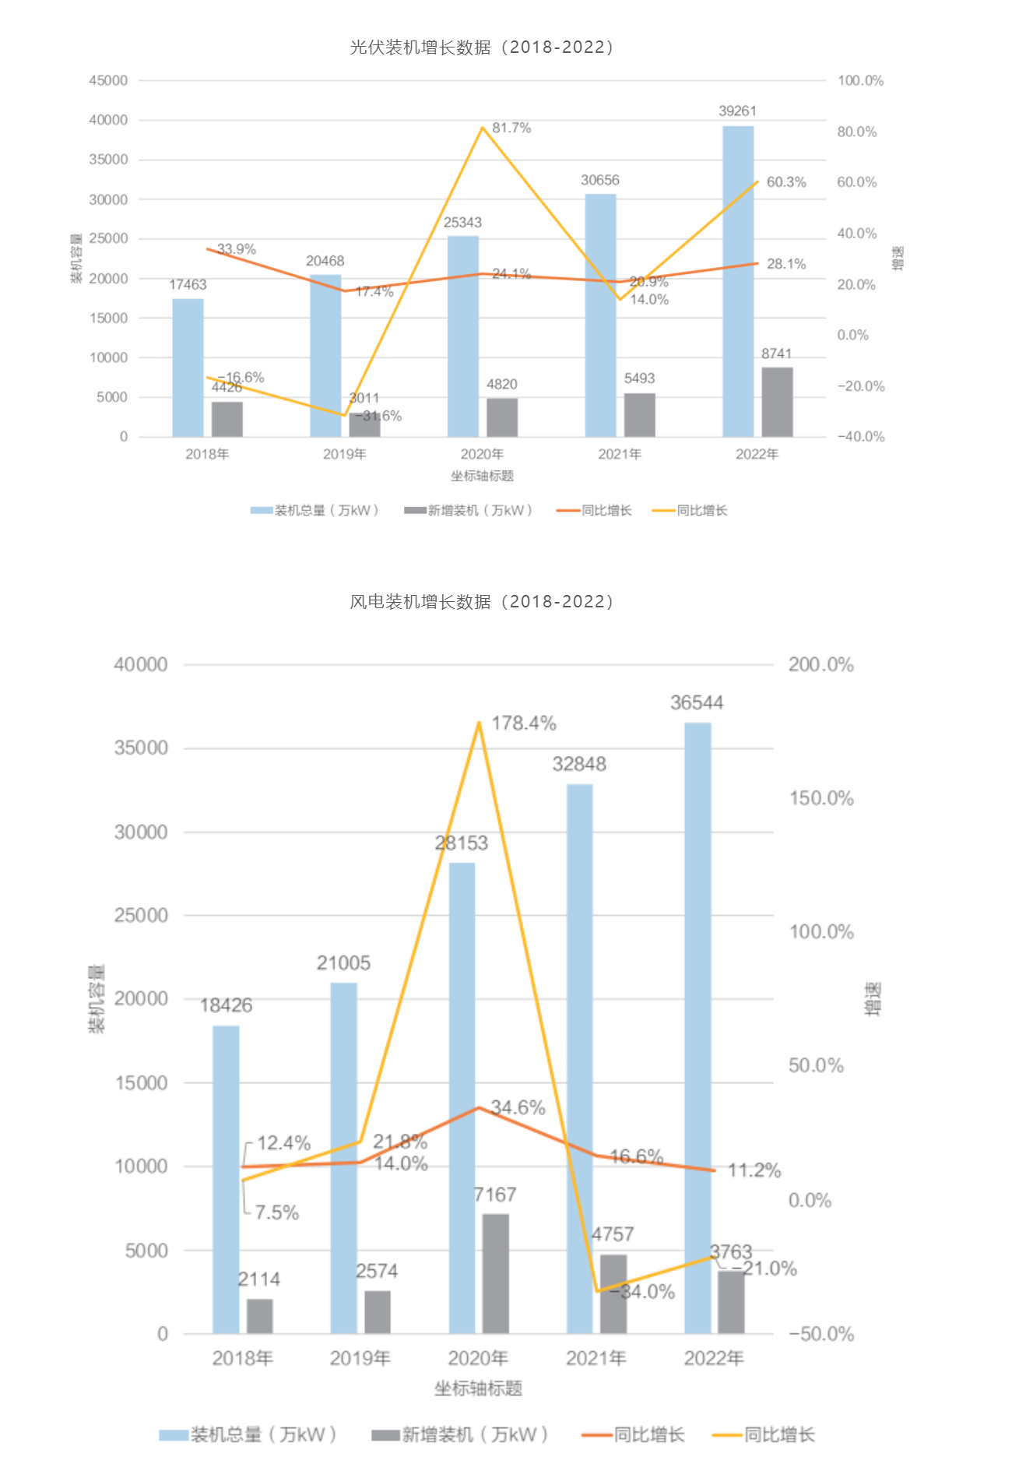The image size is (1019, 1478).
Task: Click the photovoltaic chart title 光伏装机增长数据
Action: (482, 48)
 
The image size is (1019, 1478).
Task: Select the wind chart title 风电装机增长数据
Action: (482, 602)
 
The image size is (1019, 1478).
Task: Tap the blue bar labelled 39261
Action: (737, 280)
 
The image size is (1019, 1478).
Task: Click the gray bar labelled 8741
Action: (776, 402)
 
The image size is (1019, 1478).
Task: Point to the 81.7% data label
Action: (511, 128)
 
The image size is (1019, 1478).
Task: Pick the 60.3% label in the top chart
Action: (786, 182)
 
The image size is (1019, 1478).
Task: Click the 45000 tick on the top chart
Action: (108, 81)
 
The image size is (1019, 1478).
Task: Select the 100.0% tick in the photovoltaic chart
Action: (860, 81)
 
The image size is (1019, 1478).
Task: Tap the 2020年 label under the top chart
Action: (482, 454)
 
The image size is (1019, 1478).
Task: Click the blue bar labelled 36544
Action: (697, 1028)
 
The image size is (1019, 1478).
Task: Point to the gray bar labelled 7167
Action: (495, 1273)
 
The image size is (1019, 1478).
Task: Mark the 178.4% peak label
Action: (523, 723)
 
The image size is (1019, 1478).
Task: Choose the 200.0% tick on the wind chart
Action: (820, 665)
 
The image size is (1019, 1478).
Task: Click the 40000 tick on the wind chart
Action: (141, 665)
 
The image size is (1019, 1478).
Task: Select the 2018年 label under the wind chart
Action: (242, 1358)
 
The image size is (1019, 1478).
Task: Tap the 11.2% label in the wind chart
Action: (754, 1170)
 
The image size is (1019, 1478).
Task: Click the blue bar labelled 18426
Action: (226, 1180)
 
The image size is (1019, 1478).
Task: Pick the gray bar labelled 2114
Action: (259, 1316)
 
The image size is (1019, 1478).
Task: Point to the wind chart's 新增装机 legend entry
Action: (460, 1434)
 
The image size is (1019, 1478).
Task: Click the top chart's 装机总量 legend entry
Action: (314, 511)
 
